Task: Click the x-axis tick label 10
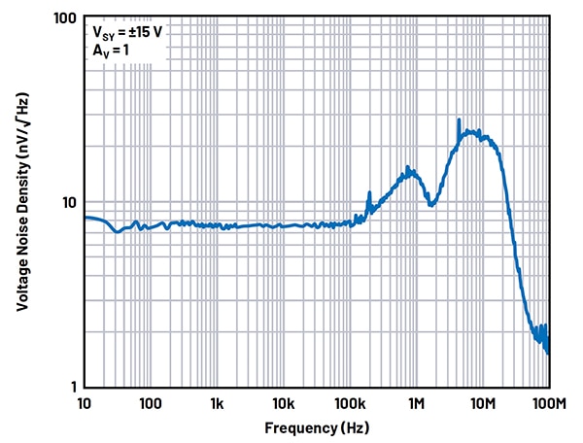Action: coord(84,402)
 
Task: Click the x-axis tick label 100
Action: coord(150,402)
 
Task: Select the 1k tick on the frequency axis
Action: coord(217,402)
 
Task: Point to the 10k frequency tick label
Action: coord(283,402)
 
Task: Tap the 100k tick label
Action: coord(349,402)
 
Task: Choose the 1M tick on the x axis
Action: coord(416,402)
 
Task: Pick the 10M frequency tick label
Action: coord(482,402)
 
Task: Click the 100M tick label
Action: coord(547,402)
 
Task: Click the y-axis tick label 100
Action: coord(65,19)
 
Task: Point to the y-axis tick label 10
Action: coord(68,203)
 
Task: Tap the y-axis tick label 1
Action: coord(72,387)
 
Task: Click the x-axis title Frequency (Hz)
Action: coord(316,427)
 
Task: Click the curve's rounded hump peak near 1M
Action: coord(409,170)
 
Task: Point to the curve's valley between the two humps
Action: coord(431,204)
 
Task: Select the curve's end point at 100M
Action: coord(548,352)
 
